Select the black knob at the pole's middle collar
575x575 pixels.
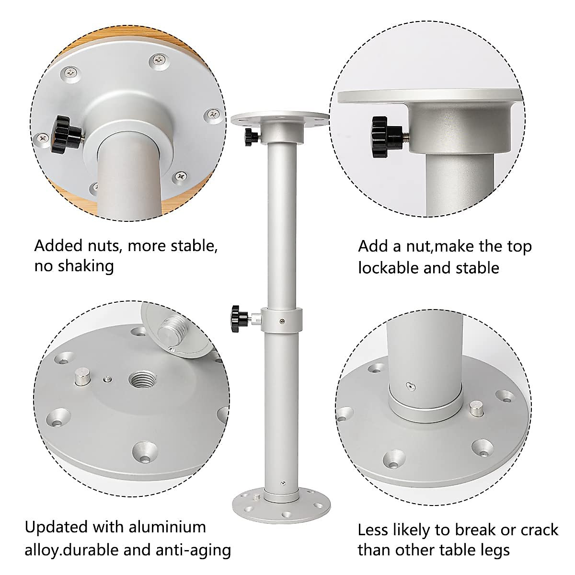239,316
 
